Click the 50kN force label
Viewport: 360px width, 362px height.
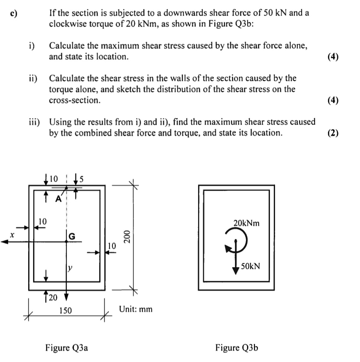(x=251, y=266)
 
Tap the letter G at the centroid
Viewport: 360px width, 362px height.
(x=72, y=236)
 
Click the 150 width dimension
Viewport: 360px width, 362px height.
(x=66, y=310)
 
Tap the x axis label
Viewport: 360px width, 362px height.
(x=13, y=234)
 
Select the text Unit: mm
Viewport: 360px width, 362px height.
(x=136, y=309)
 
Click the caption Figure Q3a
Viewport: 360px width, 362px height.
(x=67, y=348)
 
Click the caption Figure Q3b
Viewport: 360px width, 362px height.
(x=236, y=348)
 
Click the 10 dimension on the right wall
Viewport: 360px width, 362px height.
(x=112, y=246)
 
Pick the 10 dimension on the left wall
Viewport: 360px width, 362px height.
(x=43, y=221)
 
